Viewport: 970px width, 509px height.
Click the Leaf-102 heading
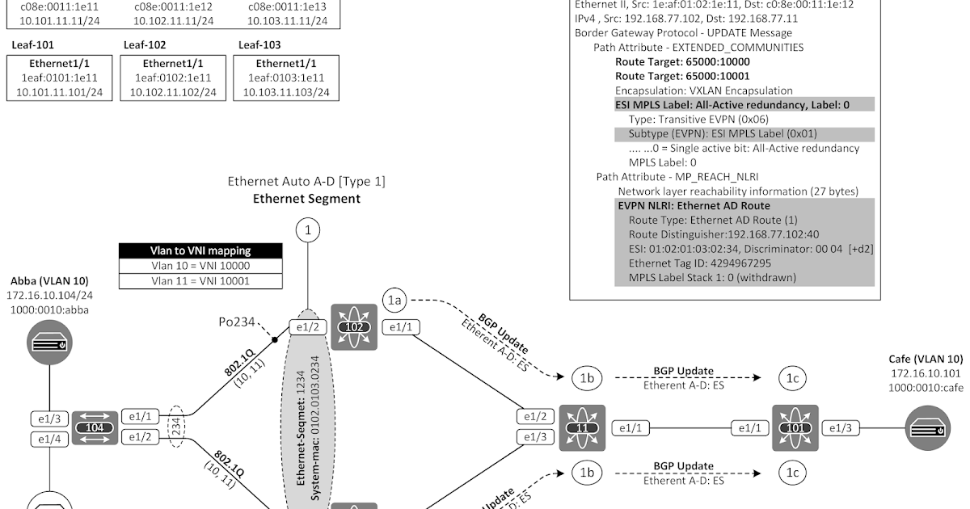point(145,45)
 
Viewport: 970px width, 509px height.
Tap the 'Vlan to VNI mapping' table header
point(200,250)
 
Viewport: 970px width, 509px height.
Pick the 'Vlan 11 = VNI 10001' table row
point(200,281)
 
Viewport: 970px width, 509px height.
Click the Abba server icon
point(48,343)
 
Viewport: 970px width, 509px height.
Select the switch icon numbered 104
point(95,427)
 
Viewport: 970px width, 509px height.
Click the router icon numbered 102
point(354,327)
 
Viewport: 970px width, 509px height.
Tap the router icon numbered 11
point(581,427)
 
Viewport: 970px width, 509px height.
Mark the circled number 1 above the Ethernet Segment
point(307,231)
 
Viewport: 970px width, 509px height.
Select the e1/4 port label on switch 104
point(48,439)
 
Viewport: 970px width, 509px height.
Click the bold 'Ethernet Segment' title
point(306,198)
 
